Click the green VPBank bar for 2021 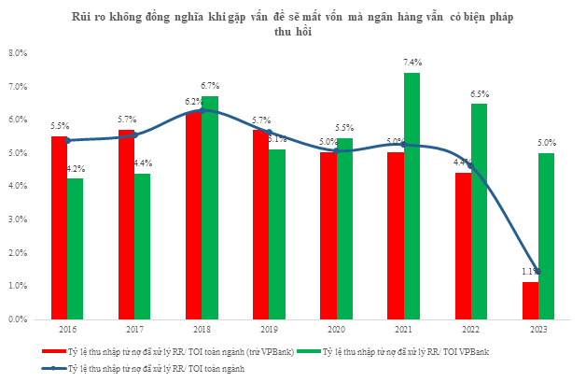(x=412, y=196)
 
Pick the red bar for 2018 (x=193, y=215)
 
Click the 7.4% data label (x=412, y=62)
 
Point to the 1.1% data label (x=528, y=272)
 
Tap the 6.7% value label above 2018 (x=210, y=86)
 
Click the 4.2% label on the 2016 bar (x=77, y=169)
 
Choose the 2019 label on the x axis (x=269, y=330)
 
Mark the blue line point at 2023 (x=537, y=272)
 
